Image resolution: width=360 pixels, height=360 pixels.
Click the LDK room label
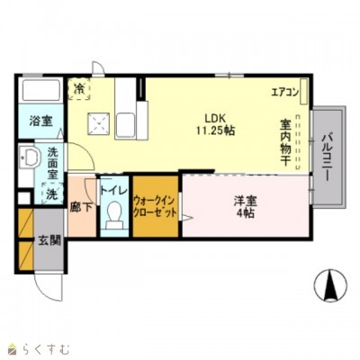pyautogui.click(x=213, y=116)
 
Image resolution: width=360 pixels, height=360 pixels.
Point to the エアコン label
pyautogui.click(x=284, y=92)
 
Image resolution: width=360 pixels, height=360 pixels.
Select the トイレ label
pyautogui.click(x=113, y=191)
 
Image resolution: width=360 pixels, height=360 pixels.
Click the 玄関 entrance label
pyautogui.click(x=49, y=241)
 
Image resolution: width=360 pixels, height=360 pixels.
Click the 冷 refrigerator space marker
pyautogui.click(x=80, y=88)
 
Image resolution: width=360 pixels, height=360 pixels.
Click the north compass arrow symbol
pyautogui.click(x=329, y=286)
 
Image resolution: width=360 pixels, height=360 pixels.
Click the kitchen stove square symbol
pyautogui.click(x=97, y=123)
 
